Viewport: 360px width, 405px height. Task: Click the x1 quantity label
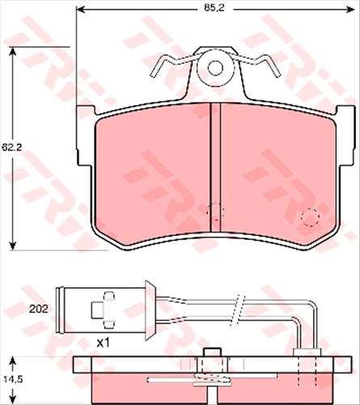103,342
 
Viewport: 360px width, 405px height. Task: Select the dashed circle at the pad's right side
310,217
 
